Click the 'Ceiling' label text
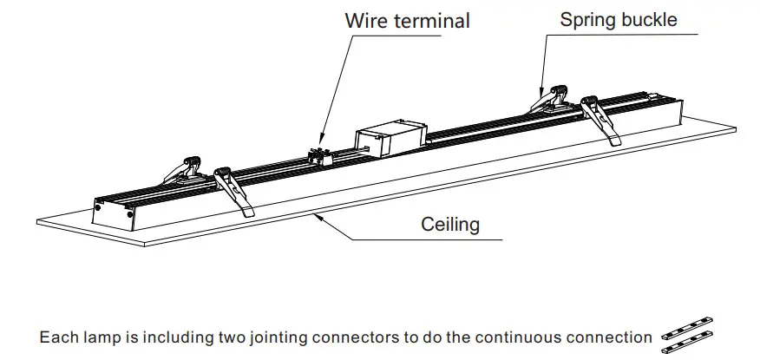pos(450,225)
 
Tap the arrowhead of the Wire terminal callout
pos(321,140)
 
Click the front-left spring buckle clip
pos(234,188)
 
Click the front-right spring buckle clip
pos(602,118)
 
